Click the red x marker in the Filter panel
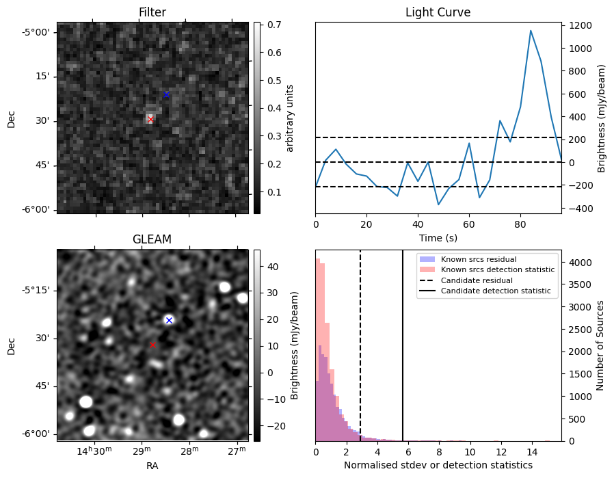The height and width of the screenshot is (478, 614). [x=150, y=119]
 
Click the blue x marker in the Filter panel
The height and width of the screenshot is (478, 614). [x=166, y=94]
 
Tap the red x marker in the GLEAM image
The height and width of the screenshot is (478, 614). [x=152, y=345]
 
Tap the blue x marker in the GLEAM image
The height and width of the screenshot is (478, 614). [x=169, y=320]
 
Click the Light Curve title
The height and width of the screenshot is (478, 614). [x=438, y=12]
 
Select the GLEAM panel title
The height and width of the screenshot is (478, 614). [x=152, y=239]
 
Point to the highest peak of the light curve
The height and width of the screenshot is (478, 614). [x=531, y=30]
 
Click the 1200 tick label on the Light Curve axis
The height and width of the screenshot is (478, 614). [x=580, y=25]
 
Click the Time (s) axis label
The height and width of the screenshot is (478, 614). [x=438, y=237]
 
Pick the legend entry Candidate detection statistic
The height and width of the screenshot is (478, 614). [x=496, y=291]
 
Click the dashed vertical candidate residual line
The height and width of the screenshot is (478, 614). [x=360, y=342]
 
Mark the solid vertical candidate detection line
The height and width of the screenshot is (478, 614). [x=403, y=342]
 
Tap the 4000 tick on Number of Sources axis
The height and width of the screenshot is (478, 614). [x=580, y=262]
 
